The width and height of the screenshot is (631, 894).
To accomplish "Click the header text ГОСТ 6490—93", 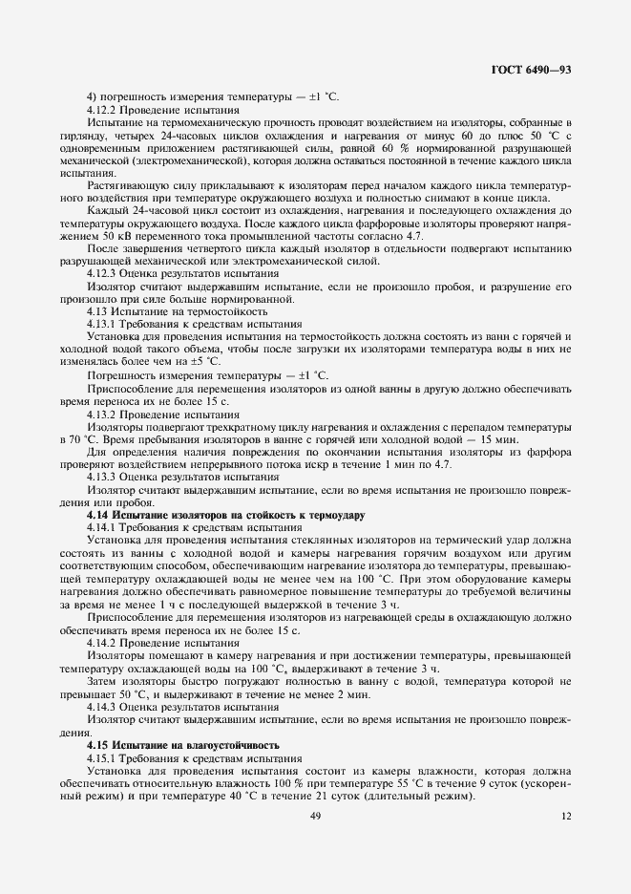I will [x=532, y=70].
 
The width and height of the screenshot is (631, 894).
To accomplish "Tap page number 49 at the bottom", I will [x=315, y=815].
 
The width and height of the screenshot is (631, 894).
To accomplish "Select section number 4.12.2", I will [x=103, y=110].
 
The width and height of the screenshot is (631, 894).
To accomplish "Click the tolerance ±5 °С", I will [x=202, y=361].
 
